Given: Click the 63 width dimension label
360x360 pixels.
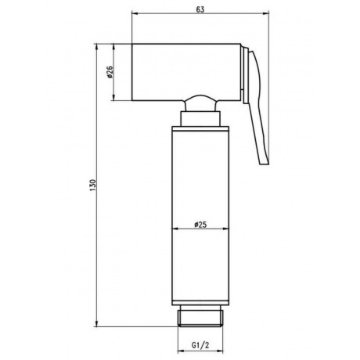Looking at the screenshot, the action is coord(200,9).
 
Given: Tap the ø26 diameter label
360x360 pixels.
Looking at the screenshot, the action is coord(110,72).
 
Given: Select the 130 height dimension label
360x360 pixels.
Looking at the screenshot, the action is coord(93,185).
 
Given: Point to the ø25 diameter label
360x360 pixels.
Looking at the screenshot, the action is coord(200,225).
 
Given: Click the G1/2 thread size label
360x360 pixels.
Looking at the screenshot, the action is coord(200,345).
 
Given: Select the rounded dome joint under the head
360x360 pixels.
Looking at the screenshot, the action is coord(200,103).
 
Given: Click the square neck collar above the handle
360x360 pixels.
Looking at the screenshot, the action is coord(200,119).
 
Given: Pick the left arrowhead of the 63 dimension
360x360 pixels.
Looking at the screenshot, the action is coord(135,13).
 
